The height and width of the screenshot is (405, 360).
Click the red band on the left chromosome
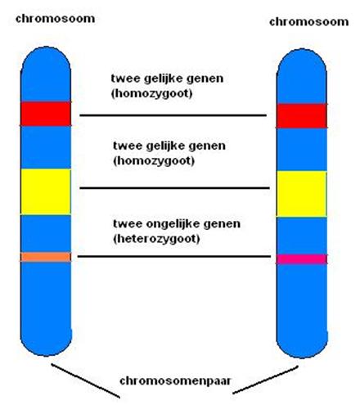(46, 114)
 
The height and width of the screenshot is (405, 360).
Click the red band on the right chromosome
(302, 115)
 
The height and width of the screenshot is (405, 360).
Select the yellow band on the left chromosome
(46, 191)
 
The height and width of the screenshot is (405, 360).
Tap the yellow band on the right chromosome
(302, 194)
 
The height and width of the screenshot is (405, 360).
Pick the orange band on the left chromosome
(46, 257)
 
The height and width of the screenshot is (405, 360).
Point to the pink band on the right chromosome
(302, 259)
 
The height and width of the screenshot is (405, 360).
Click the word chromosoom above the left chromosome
(56, 19)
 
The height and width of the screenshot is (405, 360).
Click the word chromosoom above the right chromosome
(309, 22)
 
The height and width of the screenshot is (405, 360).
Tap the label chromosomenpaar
(175, 381)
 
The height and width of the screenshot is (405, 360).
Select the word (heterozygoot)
(156, 239)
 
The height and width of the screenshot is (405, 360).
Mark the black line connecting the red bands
(173, 115)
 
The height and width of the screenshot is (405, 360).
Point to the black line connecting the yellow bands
(174, 188)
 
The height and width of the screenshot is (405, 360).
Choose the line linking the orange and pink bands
(174, 256)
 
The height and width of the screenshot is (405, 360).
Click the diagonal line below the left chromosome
(86, 380)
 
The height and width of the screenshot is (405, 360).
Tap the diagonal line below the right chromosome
(265, 380)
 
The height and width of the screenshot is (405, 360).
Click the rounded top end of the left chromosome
(46, 59)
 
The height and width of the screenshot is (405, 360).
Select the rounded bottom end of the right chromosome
(302, 346)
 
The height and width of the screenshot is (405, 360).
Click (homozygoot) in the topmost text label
(151, 94)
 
